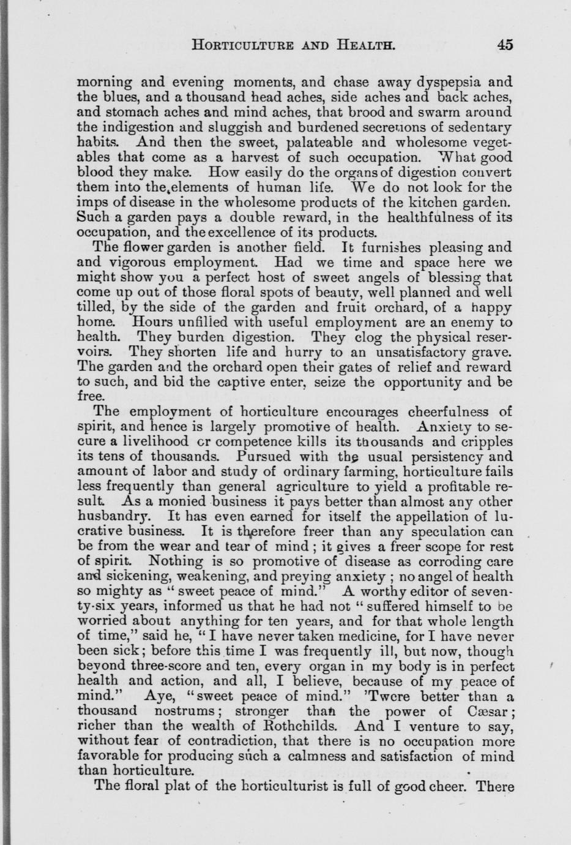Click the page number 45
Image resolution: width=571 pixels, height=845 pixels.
[x=505, y=44]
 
